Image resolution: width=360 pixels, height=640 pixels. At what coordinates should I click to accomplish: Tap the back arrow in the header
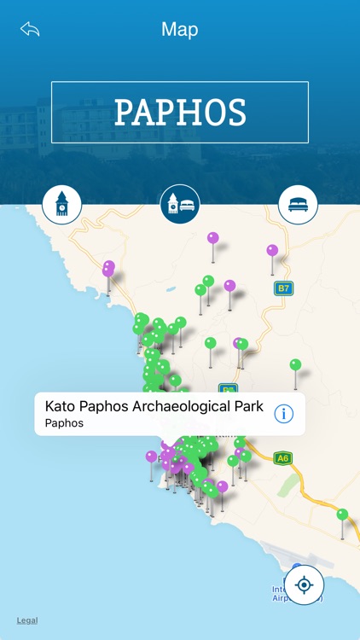(30, 30)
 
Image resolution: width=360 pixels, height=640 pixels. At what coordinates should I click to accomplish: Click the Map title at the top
(180, 30)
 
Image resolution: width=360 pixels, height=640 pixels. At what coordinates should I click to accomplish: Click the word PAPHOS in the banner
(180, 112)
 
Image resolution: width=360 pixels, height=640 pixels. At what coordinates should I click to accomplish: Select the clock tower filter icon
(62, 205)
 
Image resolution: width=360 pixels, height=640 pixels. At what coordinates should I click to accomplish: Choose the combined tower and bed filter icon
(180, 205)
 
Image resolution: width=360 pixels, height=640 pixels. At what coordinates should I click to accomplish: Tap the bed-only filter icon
(298, 205)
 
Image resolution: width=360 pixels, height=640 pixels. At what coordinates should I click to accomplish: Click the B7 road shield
(283, 288)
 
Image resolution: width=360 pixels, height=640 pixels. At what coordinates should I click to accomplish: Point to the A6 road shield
(283, 458)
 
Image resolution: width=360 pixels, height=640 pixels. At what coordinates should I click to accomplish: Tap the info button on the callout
(283, 414)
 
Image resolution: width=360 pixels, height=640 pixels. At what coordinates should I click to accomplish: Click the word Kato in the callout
(60, 406)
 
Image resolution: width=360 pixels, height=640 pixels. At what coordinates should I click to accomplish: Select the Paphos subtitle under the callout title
(64, 423)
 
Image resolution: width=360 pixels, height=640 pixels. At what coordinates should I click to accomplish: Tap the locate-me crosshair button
(305, 585)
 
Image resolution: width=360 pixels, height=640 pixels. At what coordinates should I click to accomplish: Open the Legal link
(27, 620)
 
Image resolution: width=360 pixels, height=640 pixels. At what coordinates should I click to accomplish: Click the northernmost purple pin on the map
(212, 238)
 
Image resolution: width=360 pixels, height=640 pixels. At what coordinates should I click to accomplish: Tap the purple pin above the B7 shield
(272, 251)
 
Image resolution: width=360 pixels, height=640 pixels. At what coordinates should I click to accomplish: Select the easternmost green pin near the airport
(342, 515)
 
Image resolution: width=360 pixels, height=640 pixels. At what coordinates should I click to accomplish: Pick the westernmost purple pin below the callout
(151, 457)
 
